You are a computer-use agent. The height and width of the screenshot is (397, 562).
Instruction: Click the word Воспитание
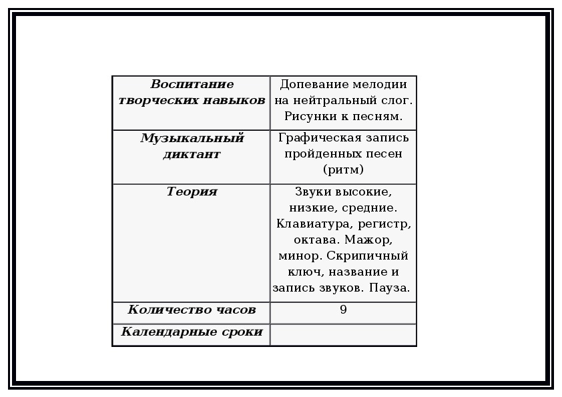click(x=192, y=84)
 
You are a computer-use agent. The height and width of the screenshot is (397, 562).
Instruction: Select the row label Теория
click(x=192, y=191)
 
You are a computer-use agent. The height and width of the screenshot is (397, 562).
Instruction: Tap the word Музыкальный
click(x=192, y=138)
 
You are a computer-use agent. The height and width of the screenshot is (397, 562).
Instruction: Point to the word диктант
click(x=192, y=154)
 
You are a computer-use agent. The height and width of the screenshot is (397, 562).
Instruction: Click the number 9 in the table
click(x=343, y=309)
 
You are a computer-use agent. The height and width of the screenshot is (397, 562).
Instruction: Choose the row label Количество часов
click(x=192, y=310)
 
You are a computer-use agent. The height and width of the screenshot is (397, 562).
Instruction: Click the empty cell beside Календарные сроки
click(x=343, y=335)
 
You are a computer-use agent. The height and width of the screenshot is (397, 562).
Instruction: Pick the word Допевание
click(x=314, y=84)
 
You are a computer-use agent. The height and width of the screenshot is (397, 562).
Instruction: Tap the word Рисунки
click(x=311, y=116)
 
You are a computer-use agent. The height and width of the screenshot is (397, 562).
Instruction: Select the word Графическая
click(x=318, y=138)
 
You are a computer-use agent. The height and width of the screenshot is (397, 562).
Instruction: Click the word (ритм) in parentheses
click(x=343, y=169)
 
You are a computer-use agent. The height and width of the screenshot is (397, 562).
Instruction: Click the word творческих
click(x=158, y=101)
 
